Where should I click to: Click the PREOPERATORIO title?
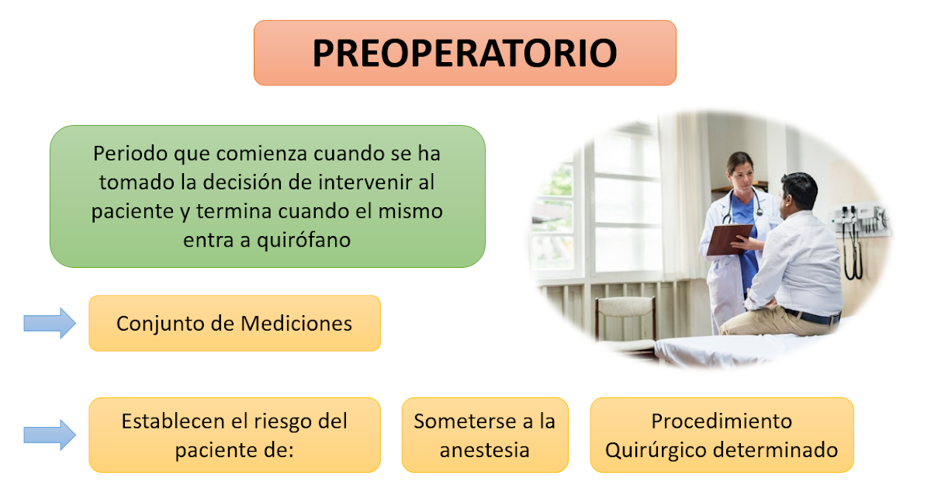(x=465, y=53)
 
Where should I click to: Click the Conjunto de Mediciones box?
(x=234, y=323)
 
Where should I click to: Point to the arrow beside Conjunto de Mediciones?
(x=50, y=323)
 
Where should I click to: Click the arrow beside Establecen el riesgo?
(x=50, y=435)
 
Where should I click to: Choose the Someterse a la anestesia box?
(x=484, y=435)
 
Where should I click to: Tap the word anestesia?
(x=484, y=449)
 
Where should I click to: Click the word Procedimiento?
(x=722, y=421)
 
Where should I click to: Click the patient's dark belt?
(x=811, y=316)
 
